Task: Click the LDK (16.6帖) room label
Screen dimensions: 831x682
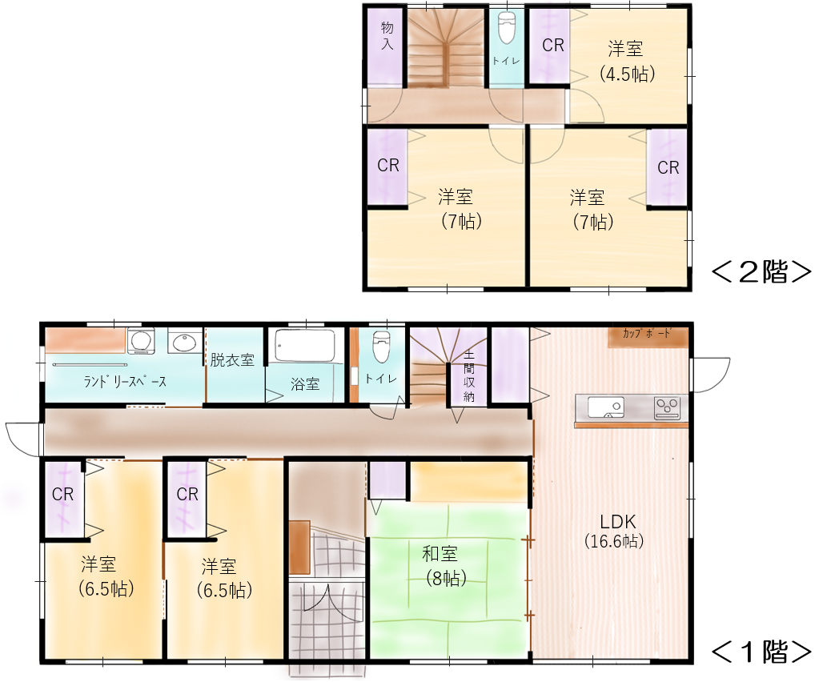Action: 615,531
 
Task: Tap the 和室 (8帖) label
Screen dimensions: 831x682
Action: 444,566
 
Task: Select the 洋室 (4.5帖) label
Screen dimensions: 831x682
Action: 627,61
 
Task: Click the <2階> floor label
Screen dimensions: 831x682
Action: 761,272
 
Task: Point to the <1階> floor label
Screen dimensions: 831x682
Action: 761,652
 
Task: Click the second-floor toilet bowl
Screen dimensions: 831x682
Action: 507,29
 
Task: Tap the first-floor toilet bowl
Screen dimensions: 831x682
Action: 382,347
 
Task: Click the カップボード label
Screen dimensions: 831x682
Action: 647,333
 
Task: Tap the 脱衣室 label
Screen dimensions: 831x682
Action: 232,360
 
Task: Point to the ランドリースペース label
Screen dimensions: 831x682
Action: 125,382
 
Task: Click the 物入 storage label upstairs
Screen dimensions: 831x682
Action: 387,36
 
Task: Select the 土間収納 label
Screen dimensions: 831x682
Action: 469,375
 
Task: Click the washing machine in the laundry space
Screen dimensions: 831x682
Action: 140,341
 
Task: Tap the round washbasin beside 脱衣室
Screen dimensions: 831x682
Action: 185,341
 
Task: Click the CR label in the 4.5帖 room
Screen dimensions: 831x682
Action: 553,46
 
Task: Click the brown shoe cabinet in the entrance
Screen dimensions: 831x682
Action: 299,548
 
